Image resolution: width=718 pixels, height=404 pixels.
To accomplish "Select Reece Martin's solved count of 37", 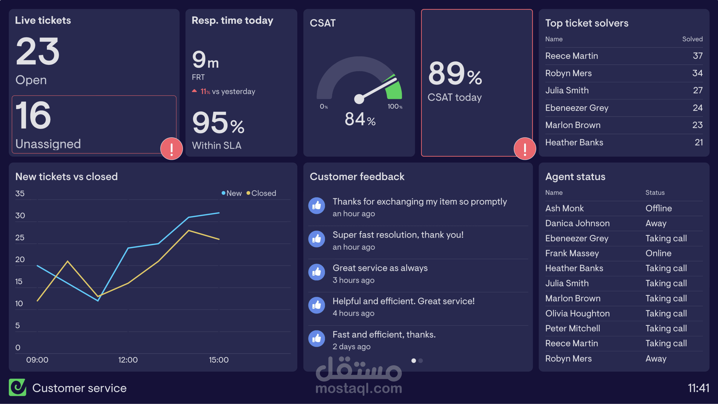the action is point(697,56).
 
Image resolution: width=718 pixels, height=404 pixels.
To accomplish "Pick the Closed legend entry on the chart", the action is point(261,193).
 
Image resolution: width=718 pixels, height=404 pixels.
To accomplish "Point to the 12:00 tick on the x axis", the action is point(128,360).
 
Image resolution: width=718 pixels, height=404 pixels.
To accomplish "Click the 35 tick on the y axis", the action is point(20,193).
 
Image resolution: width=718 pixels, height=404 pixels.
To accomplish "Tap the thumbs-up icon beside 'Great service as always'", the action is point(317,272).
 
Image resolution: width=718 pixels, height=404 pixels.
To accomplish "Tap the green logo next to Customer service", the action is point(17,387).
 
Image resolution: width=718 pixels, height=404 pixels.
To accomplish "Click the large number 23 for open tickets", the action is point(38,51).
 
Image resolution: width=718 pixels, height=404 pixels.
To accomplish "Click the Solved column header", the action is point(692,39).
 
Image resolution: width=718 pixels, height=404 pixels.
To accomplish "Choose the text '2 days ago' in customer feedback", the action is point(352,347).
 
